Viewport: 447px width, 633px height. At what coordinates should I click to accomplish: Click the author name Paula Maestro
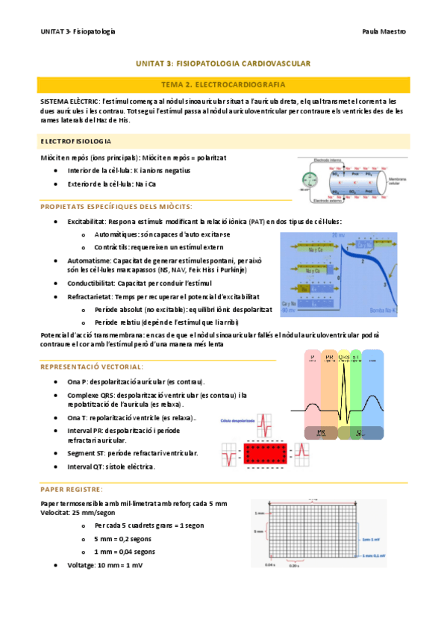click(x=384, y=32)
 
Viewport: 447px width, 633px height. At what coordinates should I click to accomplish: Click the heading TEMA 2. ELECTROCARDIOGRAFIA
click(x=223, y=85)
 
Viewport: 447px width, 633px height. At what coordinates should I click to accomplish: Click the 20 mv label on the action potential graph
click(x=338, y=235)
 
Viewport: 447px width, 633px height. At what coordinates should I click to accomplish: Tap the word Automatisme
click(x=90, y=261)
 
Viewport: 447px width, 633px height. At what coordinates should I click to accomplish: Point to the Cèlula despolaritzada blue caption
click(x=238, y=421)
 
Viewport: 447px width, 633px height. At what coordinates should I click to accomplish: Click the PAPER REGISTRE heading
click(x=72, y=489)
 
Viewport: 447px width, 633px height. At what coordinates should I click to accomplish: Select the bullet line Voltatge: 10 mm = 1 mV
click(x=104, y=565)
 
